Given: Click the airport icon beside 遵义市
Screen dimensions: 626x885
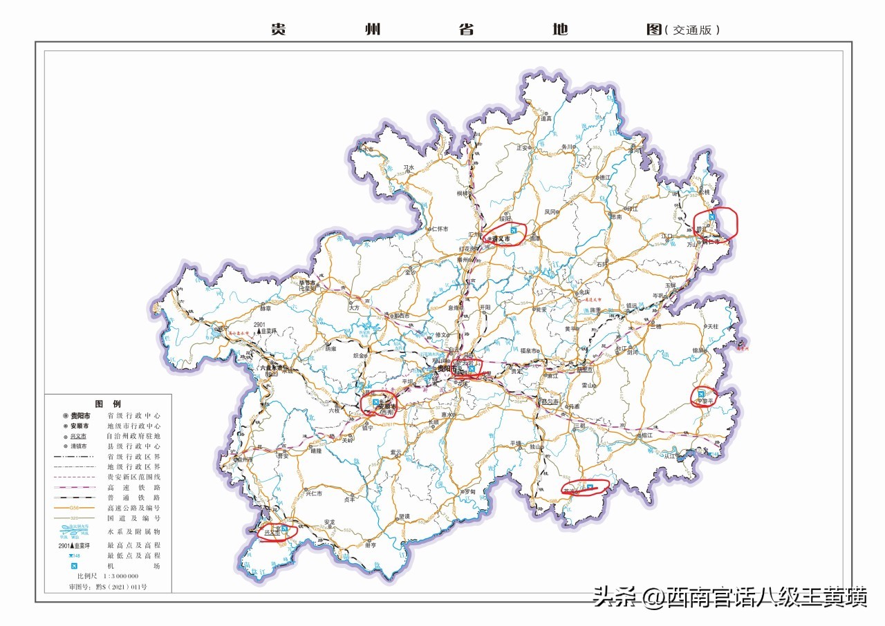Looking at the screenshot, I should [x=513, y=229].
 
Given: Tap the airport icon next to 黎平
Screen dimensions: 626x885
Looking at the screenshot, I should [x=701, y=395].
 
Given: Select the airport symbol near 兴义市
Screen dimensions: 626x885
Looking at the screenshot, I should [x=284, y=529].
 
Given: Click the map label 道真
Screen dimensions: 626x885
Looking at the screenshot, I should [x=546, y=118].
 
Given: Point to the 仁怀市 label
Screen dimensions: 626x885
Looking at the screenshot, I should [x=439, y=229].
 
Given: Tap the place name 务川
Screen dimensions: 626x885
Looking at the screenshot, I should [x=568, y=146].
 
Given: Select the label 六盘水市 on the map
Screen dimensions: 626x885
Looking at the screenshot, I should [x=272, y=368].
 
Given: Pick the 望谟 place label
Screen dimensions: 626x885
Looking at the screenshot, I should [x=403, y=516].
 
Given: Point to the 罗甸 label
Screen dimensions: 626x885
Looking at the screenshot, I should [x=469, y=491].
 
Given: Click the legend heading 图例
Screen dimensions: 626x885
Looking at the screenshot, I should [x=108, y=404].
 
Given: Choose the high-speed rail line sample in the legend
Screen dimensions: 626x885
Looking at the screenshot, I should [x=72, y=487].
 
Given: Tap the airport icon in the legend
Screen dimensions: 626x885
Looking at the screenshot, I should [x=72, y=566].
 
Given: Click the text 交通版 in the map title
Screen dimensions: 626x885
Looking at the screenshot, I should [x=692, y=30].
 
